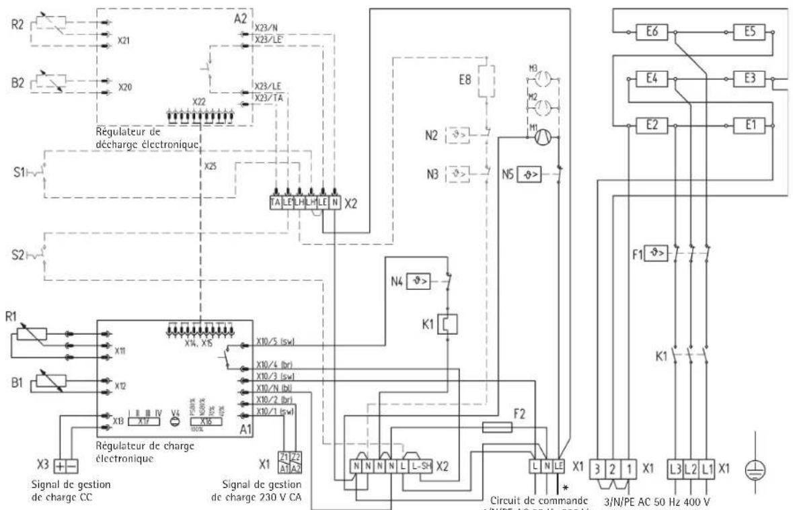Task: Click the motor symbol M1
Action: click(x=543, y=137)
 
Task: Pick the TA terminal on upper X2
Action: click(x=275, y=201)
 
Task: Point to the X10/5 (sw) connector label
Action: click(x=275, y=341)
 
